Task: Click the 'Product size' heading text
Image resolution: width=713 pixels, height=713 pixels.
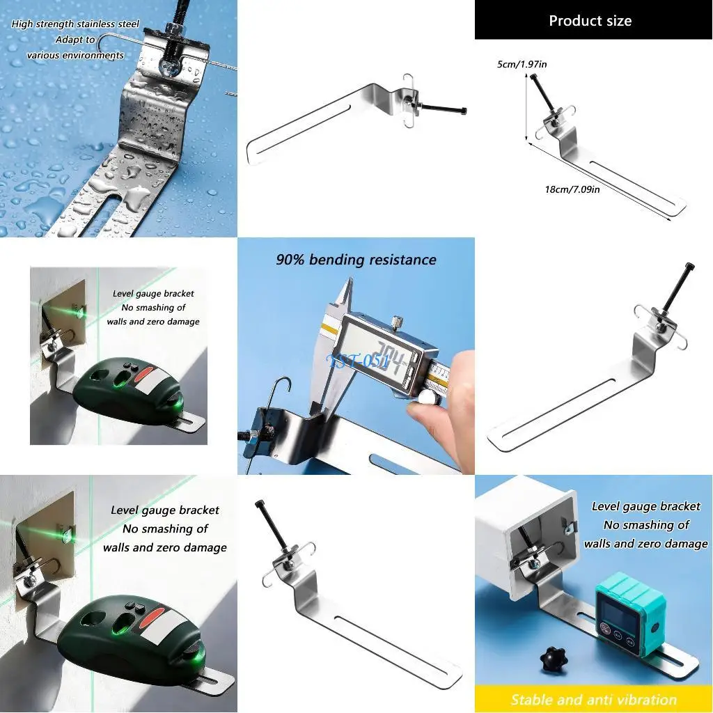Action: [x=590, y=20]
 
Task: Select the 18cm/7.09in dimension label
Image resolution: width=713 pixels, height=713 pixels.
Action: [x=572, y=189]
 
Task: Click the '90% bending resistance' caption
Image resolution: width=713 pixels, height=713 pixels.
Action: [x=356, y=260]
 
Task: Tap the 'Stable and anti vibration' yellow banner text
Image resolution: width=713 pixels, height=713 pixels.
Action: [x=593, y=700]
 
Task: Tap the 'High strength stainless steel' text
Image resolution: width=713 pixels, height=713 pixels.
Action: [x=75, y=24]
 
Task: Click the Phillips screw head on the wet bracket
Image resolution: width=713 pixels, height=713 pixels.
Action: [x=169, y=68]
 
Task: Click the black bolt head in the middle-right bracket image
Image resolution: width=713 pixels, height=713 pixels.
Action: [x=689, y=267]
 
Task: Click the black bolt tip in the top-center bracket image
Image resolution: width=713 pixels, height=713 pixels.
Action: [x=463, y=111]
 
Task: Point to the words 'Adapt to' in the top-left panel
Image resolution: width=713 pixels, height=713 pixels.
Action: [x=75, y=40]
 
